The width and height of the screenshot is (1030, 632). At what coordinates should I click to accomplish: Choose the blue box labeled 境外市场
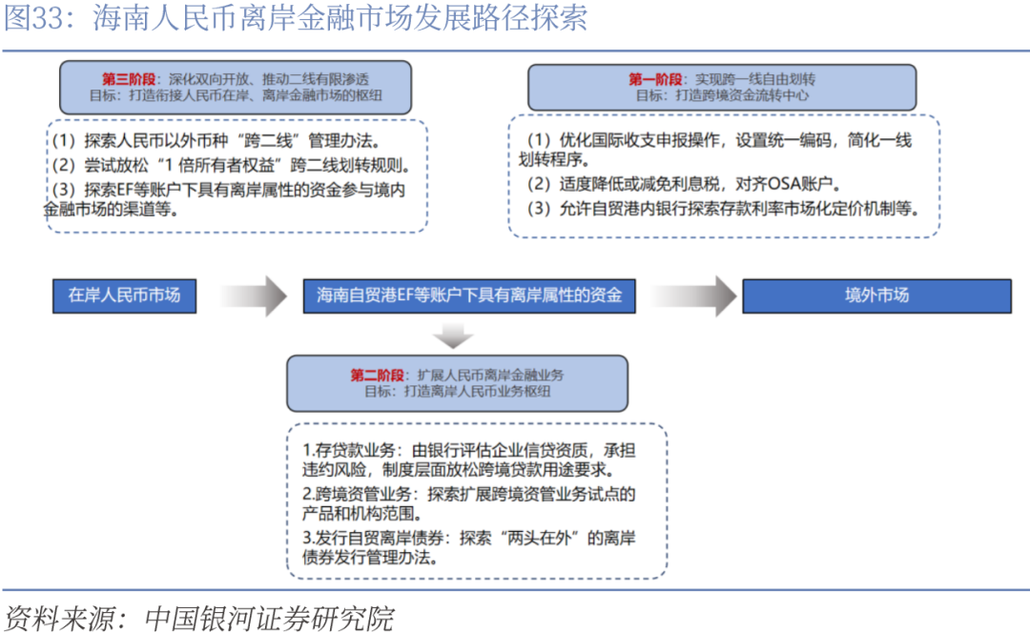coord(876,296)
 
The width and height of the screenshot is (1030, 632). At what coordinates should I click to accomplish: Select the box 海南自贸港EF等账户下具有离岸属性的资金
coord(469,296)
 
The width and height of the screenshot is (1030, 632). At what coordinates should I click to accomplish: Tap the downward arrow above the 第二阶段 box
coord(453,335)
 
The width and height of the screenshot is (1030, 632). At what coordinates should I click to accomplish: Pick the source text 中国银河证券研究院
coord(269,618)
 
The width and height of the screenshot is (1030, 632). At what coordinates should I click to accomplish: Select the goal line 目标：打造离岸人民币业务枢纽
coord(456,391)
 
